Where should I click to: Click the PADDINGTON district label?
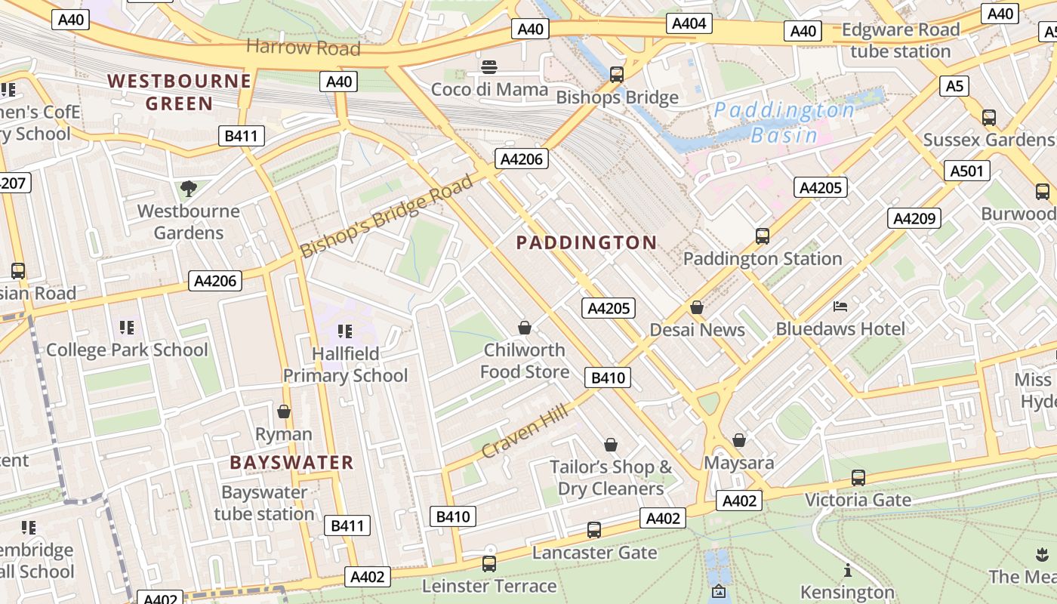pos(586,242)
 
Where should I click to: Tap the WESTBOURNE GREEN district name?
pos(179,91)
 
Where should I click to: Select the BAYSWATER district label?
pos(291,462)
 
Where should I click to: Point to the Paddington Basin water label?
pos(784,122)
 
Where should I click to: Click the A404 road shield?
pos(689,23)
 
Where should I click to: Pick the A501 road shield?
pos(966,171)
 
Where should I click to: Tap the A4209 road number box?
pos(914,218)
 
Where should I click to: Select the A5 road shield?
pos(954,86)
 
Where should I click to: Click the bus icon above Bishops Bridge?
pos(617,74)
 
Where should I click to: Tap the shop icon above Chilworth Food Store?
pos(525,327)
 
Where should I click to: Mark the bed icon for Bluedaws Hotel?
pos(840,306)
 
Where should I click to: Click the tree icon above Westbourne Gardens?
pos(188,188)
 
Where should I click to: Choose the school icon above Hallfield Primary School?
pos(345,331)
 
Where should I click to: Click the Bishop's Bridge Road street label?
pos(387,216)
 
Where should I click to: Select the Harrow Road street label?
pos(303,48)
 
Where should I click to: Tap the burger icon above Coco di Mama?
pos(489,66)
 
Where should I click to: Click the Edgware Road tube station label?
pos(900,41)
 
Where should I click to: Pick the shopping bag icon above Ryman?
pos(284,411)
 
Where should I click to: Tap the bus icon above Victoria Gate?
pos(858,477)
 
